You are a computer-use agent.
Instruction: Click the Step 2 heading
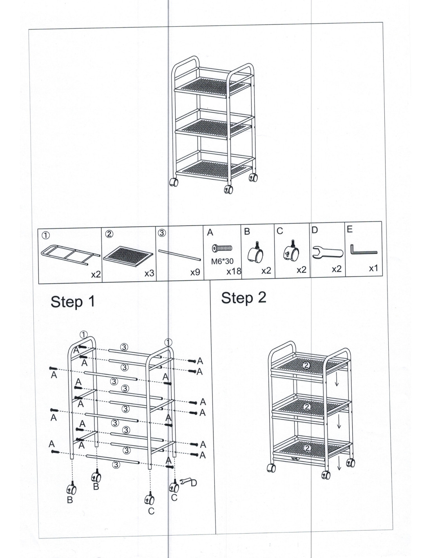click(x=244, y=298)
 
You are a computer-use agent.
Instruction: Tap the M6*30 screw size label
click(x=222, y=261)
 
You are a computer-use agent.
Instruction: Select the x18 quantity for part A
click(x=234, y=271)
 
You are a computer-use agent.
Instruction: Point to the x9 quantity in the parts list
click(x=195, y=272)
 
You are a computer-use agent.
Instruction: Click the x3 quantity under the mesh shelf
click(x=149, y=274)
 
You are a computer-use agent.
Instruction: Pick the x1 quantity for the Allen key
click(x=373, y=268)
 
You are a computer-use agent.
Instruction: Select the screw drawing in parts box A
click(x=222, y=248)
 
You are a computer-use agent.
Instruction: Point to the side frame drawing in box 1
click(x=71, y=255)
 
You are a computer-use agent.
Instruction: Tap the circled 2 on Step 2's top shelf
click(x=306, y=365)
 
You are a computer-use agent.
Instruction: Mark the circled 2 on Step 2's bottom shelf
click(x=307, y=448)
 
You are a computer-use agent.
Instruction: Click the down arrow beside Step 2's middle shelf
click(x=339, y=421)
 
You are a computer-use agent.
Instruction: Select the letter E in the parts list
click(x=350, y=229)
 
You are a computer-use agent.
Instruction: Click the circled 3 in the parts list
click(x=162, y=233)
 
